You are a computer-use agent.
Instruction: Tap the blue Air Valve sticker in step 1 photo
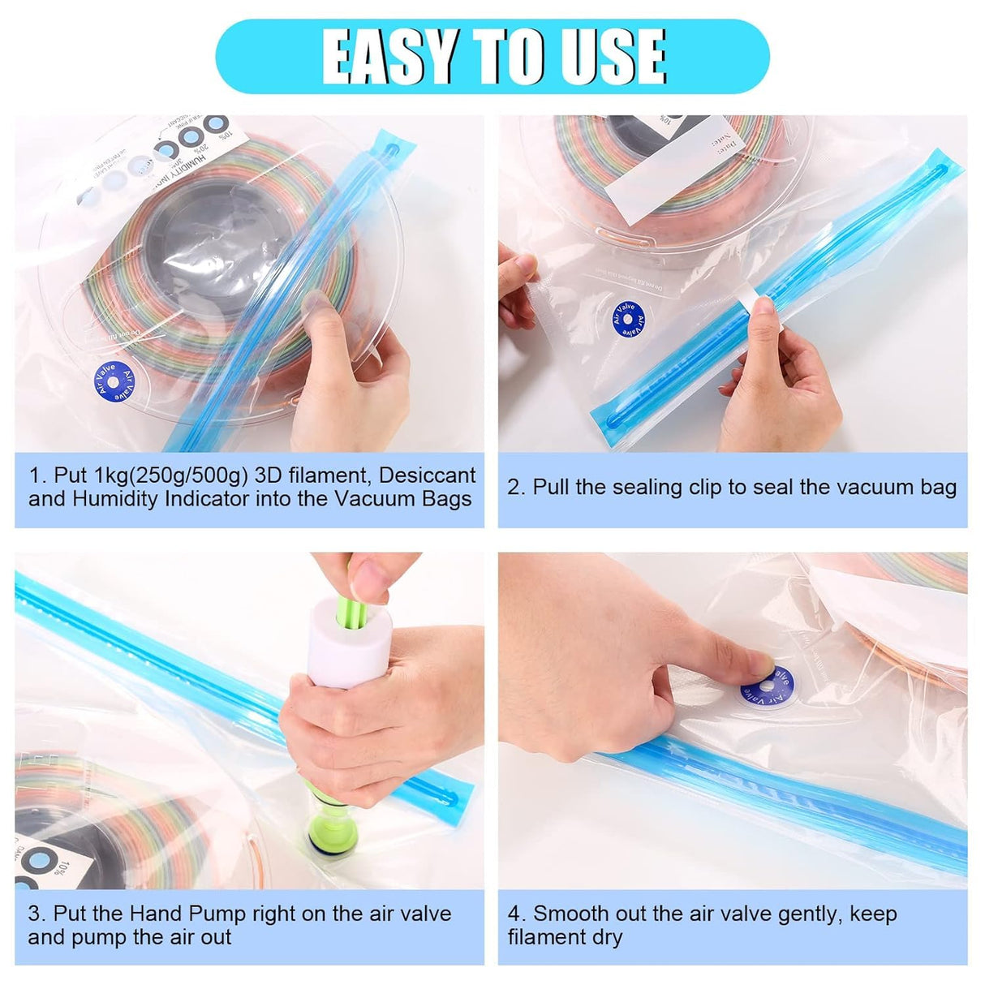click(114, 381)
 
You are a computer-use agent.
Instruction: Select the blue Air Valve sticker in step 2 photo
click(627, 318)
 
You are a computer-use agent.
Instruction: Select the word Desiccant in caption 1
click(428, 475)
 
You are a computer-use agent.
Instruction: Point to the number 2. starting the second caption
click(517, 487)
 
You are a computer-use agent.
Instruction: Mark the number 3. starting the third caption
click(37, 914)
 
